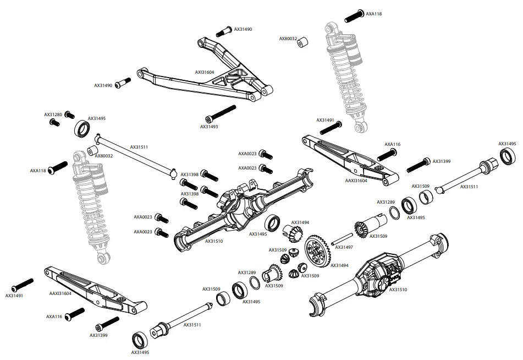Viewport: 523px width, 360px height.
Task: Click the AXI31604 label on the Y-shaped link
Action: click(204, 72)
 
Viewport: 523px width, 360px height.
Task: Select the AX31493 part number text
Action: click(209, 127)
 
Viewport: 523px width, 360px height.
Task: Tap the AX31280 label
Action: click(52, 114)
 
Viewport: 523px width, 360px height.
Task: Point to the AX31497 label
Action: click(344, 248)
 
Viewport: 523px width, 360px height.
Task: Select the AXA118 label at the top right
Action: click(374, 13)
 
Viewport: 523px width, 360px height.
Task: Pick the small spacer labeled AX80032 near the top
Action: click(303, 42)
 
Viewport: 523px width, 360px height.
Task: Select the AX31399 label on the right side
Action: click(442, 161)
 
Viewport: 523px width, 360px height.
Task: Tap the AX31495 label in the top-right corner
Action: click(508, 144)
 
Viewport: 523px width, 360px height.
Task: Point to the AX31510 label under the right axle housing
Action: click(398, 289)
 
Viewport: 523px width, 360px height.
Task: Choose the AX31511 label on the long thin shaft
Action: click(139, 147)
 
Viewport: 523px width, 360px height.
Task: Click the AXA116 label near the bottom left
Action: click(54, 317)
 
